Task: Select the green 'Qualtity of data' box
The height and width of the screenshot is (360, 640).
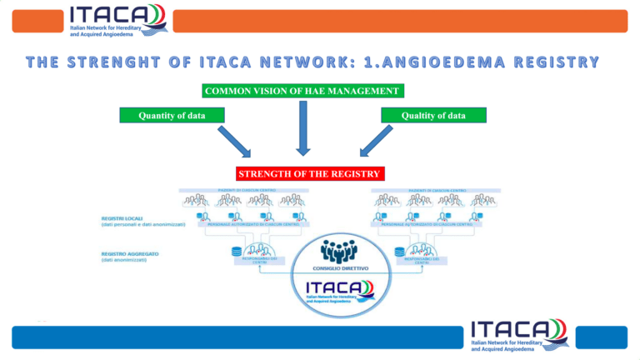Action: [432, 115]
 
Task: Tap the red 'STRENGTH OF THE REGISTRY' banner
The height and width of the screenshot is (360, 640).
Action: [309, 174]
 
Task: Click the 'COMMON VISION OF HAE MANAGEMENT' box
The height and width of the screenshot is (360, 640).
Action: [302, 90]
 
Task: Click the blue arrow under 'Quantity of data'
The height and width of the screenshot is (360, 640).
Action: [233, 141]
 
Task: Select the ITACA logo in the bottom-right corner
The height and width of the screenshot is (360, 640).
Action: [517, 334]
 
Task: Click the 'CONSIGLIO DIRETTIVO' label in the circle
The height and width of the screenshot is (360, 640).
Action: [338, 268]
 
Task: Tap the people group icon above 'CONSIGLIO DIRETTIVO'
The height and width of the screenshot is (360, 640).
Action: [338, 249]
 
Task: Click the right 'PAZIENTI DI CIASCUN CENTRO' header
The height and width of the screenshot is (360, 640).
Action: [435, 190]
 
